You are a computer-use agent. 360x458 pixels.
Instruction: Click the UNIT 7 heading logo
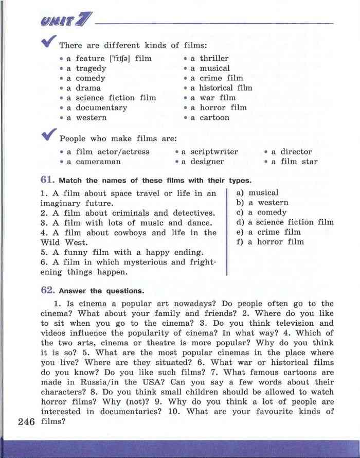(x=66, y=22)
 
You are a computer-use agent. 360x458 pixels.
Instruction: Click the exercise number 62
(x=48, y=290)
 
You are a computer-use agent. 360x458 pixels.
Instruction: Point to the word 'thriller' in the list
(x=214, y=58)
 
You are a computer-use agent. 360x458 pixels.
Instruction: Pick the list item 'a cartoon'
(x=210, y=117)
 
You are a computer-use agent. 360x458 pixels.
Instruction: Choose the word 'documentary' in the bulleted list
(x=101, y=108)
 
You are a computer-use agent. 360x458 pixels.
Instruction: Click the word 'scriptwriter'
(x=214, y=152)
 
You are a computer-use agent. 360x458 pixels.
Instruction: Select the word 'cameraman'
(x=98, y=162)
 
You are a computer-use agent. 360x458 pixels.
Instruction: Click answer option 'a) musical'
(x=257, y=192)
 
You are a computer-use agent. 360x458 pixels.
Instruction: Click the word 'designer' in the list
(x=207, y=162)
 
